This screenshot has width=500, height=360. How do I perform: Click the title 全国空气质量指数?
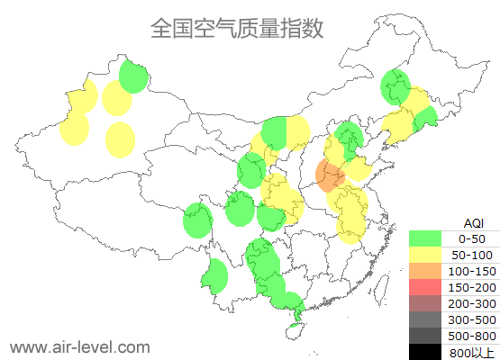pos(237,29)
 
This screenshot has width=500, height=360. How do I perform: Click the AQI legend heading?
pos(473,222)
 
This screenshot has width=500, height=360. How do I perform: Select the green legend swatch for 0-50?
pos(426,238)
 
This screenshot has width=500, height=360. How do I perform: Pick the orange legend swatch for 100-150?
pos(426,271)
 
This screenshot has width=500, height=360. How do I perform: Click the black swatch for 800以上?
pos(426,352)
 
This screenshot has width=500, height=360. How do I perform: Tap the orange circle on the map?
pos(331,175)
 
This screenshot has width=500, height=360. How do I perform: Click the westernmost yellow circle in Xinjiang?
pos(75,129)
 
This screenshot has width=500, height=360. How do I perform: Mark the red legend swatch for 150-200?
pos(426,287)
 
